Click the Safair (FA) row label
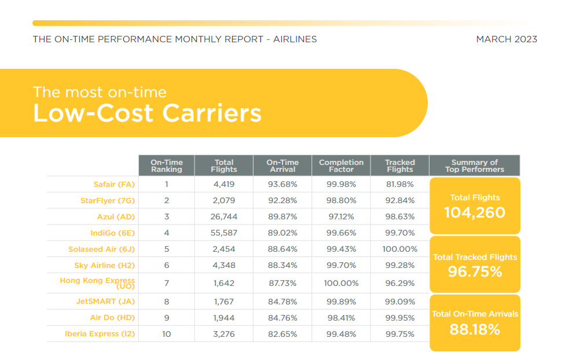point(114,185)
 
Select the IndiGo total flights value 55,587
point(224,233)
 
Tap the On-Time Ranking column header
point(167,166)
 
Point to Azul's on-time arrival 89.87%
point(282,216)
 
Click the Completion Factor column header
point(341,166)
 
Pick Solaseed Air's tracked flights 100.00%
point(400,249)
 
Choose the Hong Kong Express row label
point(97,283)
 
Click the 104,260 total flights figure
point(475,212)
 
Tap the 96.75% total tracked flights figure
point(475,271)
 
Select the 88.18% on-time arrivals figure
point(475,329)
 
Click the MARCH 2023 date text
point(507,39)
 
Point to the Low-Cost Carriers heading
point(147,113)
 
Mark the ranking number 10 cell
point(167,334)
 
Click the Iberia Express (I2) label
point(100,334)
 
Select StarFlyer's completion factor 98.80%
point(341,200)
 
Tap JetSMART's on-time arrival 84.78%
point(282,302)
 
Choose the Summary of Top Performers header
point(475,166)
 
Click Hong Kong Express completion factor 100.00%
point(341,283)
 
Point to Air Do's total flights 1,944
point(224,318)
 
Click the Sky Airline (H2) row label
point(105,266)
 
